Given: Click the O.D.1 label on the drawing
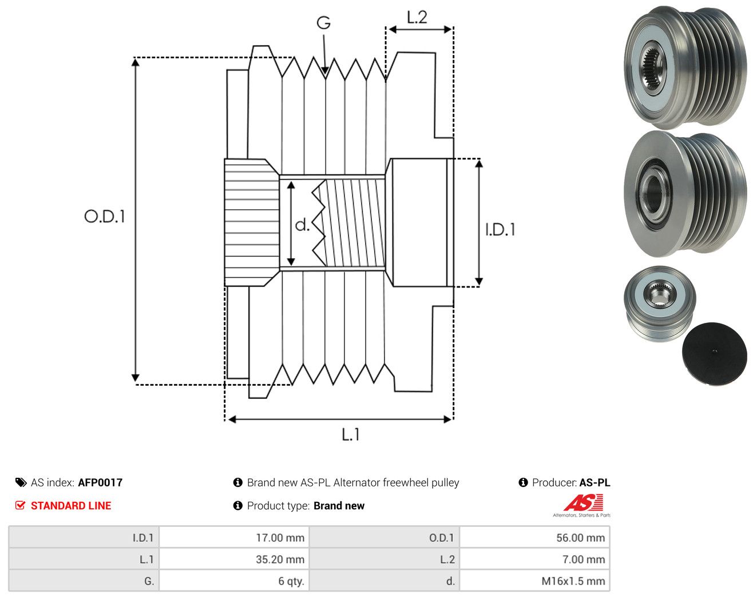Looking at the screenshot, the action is tap(105, 216).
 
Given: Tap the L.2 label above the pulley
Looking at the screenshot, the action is tap(417, 17).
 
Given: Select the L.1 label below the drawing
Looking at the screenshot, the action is tap(351, 434).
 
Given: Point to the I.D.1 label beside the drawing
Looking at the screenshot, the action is tap(500, 230).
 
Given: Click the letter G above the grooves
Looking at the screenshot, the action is tap(324, 23).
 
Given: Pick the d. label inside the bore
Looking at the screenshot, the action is tap(303, 225).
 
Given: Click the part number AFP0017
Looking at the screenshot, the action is tap(100, 482).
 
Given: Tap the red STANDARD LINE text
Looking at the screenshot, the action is tap(71, 505).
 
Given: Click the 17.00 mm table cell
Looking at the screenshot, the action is tap(234, 537).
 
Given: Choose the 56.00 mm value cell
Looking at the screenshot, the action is tap(534, 537).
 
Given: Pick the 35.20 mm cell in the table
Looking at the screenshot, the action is tap(234, 559).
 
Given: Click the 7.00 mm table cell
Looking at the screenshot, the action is tap(534, 559).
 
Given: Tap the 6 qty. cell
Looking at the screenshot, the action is tap(234, 581).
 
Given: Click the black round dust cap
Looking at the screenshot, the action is tap(715, 353).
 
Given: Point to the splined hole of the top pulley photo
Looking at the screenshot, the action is tap(653, 68).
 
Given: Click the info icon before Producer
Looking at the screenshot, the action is tap(523, 482).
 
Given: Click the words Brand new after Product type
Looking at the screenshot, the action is tap(339, 505).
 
